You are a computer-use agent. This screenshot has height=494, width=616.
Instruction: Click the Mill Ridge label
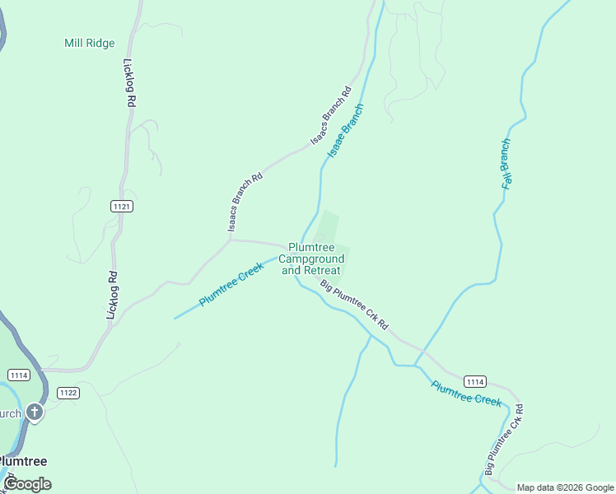click(x=89, y=43)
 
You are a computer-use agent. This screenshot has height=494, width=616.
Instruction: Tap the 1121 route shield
click(x=122, y=206)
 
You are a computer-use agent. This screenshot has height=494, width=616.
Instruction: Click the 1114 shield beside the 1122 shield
click(x=20, y=375)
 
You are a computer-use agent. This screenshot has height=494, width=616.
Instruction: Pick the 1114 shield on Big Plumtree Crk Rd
click(x=474, y=381)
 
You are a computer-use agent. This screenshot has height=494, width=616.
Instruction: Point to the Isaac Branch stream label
click(x=345, y=131)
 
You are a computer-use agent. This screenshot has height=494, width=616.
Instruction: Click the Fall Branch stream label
click(x=507, y=165)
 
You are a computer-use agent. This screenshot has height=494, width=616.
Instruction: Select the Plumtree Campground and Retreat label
click(x=311, y=259)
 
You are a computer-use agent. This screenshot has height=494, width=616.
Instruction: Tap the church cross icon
click(x=34, y=412)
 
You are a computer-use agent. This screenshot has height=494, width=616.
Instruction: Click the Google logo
click(x=27, y=484)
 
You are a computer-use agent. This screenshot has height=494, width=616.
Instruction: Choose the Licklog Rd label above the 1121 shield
click(x=129, y=82)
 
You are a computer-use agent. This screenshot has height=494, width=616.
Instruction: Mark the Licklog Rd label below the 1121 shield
click(x=112, y=296)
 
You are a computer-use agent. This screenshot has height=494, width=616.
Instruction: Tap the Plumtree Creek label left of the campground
click(x=231, y=286)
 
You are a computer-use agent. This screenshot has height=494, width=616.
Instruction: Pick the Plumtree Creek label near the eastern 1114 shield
click(x=466, y=393)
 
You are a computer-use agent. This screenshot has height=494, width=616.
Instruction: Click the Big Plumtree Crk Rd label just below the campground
click(x=354, y=305)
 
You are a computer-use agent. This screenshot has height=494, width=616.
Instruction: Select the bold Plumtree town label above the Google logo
click(x=23, y=461)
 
